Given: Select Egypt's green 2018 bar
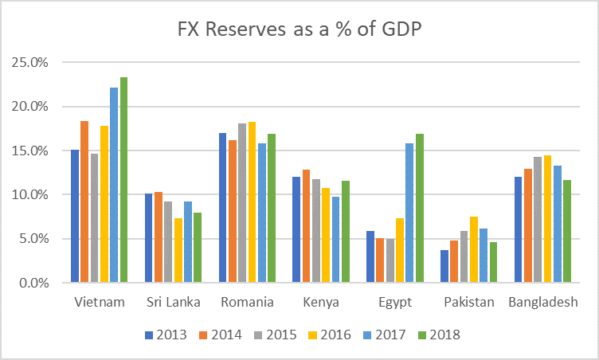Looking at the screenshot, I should pyautogui.click(x=419, y=208).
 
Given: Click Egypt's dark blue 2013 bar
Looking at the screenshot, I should pyautogui.click(x=370, y=256).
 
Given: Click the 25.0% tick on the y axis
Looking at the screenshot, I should pyautogui.click(x=29, y=62).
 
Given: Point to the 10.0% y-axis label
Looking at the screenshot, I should pyautogui.click(x=29, y=194).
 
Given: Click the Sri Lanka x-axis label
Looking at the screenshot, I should pyautogui.click(x=172, y=302).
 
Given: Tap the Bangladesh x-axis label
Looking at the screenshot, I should pyautogui.click(x=542, y=302).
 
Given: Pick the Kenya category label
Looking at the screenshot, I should pyautogui.click(x=320, y=302).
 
